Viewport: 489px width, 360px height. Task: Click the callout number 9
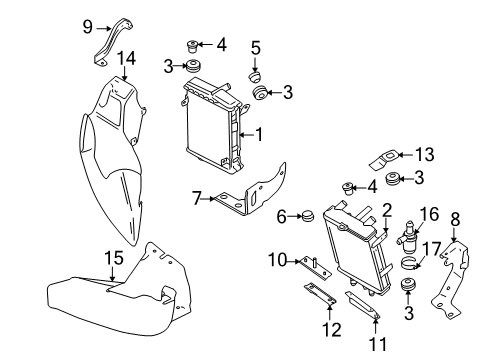coord(87,27)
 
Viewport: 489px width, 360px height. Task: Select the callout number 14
coord(126,58)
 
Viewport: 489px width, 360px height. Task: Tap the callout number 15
coord(114,258)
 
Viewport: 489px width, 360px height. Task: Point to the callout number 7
coord(197,198)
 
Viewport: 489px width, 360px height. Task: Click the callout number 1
coord(259,134)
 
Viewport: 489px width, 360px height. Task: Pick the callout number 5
coord(256,48)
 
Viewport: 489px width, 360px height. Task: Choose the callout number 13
coord(425,154)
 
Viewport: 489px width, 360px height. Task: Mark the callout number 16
coord(429,214)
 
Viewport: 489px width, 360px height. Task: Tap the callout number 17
coord(432,249)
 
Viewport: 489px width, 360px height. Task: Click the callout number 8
coord(455,219)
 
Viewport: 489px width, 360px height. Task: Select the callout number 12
coord(332,330)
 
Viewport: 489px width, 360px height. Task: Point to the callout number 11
coord(378,344)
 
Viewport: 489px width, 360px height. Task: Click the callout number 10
coord(278,260)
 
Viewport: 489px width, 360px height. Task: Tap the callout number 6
coord(282,217)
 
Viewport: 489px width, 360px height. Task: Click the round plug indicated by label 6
coord(308,217)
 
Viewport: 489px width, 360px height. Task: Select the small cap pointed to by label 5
coord(255,78)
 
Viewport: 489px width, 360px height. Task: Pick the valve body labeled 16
coord(408,239)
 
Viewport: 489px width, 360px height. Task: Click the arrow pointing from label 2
coord(386,225)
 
